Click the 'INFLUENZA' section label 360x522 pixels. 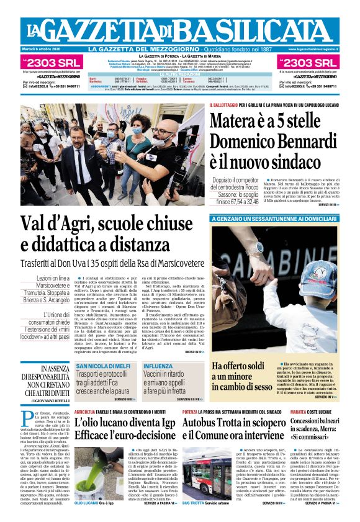pyautogui.click(x=159, y=366)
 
